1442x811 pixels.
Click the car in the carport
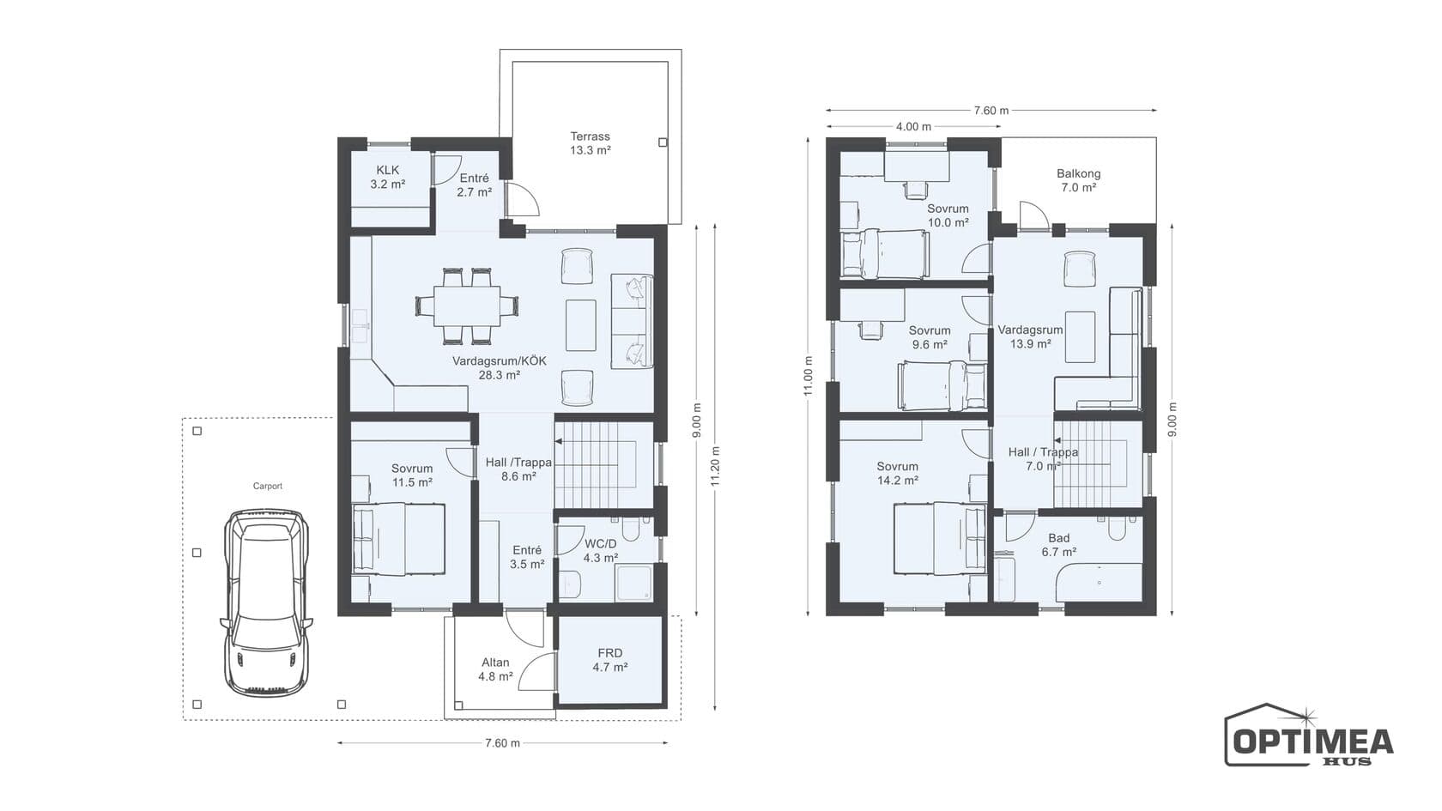point(266,603)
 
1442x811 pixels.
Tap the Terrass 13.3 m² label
point(591,143)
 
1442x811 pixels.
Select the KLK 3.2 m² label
point(388,177)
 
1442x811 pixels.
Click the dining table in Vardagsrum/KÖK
point(467,306)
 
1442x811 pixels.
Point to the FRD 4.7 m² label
point(610,661)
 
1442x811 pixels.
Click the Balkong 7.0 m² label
point(1078,181)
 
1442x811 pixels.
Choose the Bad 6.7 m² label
point(1059,545)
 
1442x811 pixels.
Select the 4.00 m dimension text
point(913,127)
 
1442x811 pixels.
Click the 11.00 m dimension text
point(809,377)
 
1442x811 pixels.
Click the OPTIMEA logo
point(1309,735)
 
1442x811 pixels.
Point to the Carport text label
point(267,486)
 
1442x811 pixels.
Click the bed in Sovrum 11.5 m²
point(398,539)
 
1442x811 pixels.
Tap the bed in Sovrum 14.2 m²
point(940,539)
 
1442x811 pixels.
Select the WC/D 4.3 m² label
point(601,551)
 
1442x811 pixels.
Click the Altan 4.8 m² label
point(496,669)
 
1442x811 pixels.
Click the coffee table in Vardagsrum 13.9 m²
point(1080,336)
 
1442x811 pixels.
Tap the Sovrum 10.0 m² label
point(948,215)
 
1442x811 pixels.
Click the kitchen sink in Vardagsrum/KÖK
point(359,326)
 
